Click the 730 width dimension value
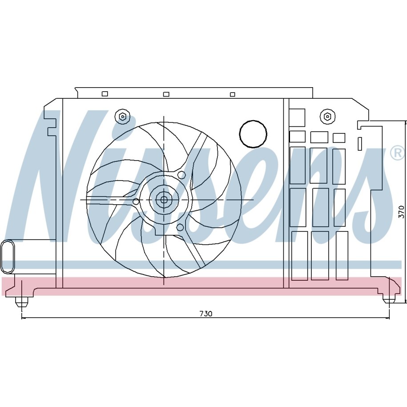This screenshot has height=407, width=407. pyautogui.click(x=206, y=314)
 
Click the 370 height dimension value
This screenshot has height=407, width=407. pyautogui.click(x=401, y=212)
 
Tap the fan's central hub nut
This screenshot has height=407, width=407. pyautogui.click(x=164, y=200)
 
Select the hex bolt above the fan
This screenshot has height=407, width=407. pyautogui.click(x=122, y=117)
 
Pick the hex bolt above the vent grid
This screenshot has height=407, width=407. pyautogui.click(x=327, y=116)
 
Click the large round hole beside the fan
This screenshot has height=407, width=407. pyautogui.click(x=253, y=134)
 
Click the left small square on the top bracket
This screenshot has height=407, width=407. pyautogui.click(x=105, y=94)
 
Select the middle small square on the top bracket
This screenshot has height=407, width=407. pyautogui.click(x=166, y=94)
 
